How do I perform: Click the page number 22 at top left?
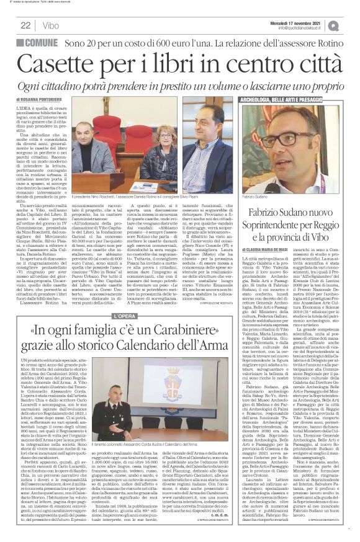click(25, 25)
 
